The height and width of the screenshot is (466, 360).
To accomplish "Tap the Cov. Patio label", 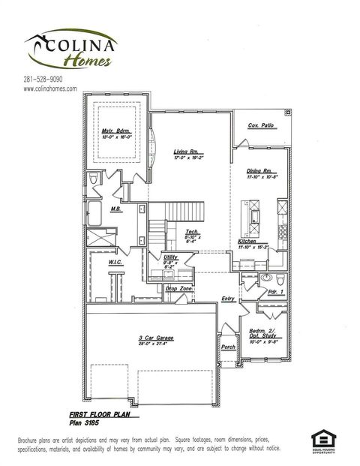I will coord(261,125).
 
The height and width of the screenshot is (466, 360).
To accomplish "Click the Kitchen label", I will coord(247,241).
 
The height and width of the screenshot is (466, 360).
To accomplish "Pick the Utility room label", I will coord(170,257).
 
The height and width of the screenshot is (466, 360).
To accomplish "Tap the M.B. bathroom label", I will coord(116,209).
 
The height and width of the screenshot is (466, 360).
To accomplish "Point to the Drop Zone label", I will coord(179,288).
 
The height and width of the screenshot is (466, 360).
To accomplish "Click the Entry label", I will coord(228,299).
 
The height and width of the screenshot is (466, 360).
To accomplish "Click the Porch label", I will coord(228,347).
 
